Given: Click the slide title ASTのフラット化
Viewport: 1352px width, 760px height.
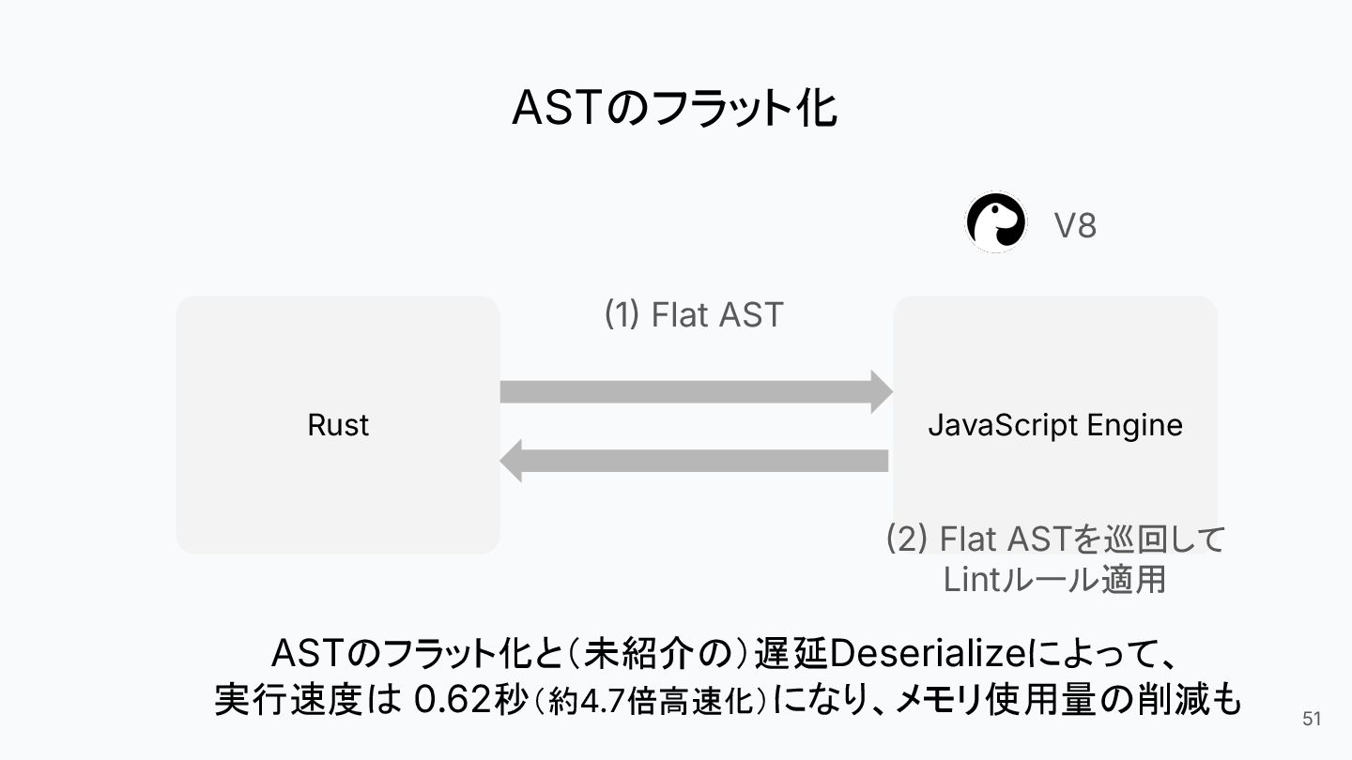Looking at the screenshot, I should click(675, 109).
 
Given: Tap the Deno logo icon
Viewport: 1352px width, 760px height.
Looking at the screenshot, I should click(995, 222).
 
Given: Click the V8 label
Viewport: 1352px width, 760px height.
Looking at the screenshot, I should click(1074, 226).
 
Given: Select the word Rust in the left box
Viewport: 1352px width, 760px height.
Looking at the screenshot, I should click(338, 425).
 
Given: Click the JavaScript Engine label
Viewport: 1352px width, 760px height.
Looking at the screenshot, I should click(1054, 425).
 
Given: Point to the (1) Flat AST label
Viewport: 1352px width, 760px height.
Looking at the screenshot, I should click(693, 315).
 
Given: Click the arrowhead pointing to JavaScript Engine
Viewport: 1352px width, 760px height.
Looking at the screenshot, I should click(881, 391).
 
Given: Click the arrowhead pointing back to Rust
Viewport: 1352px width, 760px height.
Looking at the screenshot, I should click(511, 461).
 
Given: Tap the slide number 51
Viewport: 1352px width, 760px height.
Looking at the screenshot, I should click(1312, 720).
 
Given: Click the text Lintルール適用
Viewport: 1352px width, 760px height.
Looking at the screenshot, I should click(1054, 579).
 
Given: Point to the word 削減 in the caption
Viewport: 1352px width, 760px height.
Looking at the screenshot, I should click(1160, 700).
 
